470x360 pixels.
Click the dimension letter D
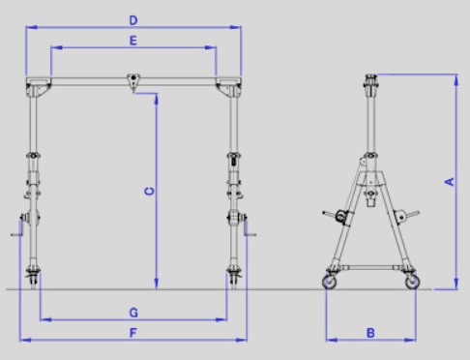point(133,20)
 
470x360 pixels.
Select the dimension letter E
point(133,41)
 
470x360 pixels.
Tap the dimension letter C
point(150,192)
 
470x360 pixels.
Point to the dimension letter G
point(133,313)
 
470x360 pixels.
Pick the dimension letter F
point(132,333)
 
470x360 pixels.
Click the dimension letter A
point(450,182)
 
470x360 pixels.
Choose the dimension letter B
point(370,333)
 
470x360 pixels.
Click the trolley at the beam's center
point(133,82)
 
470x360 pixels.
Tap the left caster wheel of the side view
point(330,282)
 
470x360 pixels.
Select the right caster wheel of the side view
point(412,282)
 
